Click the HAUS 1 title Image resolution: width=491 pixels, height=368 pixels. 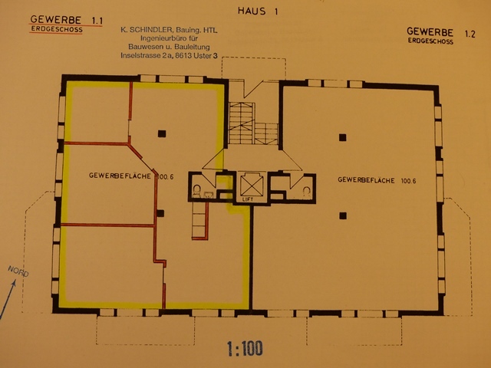pyautogui.click(x=258, y=11)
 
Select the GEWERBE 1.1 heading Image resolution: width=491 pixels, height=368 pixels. pyautogui.click(x=67, y=20)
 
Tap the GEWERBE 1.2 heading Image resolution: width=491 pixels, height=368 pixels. pyautogui.click(x=441, y=32)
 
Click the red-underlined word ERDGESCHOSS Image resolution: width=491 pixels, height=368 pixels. pyautogui.click(x=57, y=30)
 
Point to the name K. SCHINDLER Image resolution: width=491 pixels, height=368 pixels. pyautogui.click(x=147, y=30)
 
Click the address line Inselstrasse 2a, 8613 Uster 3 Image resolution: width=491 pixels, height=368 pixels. pyautogui.click(x=169, y=56)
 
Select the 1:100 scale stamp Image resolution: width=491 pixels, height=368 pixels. pyautogui.click(x=245, y=348)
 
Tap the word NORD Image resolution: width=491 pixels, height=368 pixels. pyautogui.click(x=18, y=271)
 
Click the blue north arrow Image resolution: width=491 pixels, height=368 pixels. pyautogui.click(x=8, y=300)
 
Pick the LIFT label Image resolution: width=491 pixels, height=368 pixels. pyautogui.click(x=247, y=199)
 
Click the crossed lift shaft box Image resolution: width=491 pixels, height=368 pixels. pyautogui.click(x=252, y=185)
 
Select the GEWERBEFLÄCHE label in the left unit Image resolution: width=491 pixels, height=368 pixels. pyautogui.click(x=120, y=176)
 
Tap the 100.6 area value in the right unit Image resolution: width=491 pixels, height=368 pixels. pyautogui.click(x=408, y=181)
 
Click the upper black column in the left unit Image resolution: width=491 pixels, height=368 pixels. pyautogui.click(x=162, y=133)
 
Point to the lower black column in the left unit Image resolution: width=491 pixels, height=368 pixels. pyautogui.click(x=160, y=213)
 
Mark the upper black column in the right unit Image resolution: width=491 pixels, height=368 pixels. pyautogui.click(x=343, y=137)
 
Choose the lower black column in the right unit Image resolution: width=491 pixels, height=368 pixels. pyautogui.click(x=343, y=215)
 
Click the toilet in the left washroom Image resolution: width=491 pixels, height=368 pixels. pyautogui.click(x=197, y=191)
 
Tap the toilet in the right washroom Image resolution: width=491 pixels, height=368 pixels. pyautogui.click(x=307, y=191)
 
